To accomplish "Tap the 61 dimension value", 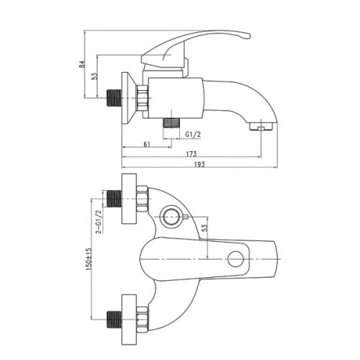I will point(146,145).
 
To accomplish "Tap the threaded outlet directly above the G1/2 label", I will point(171,121).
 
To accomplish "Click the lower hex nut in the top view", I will point(141,315).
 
